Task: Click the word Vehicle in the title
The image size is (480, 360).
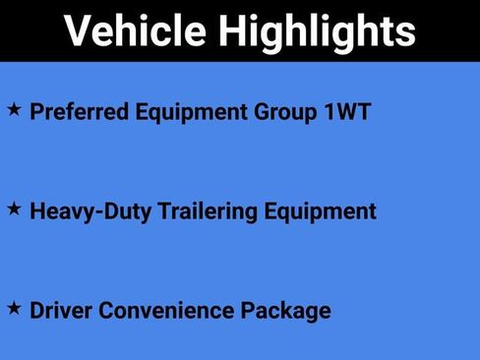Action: coord(133,31)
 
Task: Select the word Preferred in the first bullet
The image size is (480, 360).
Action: coord(74,111)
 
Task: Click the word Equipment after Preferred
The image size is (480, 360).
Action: coord(175,111)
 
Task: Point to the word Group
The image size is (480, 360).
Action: coord(270,111)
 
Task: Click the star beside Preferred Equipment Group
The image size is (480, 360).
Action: coord(14,108)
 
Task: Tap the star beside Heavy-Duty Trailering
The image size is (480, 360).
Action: coord(14,208)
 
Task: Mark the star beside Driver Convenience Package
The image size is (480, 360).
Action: coord(14,308)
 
